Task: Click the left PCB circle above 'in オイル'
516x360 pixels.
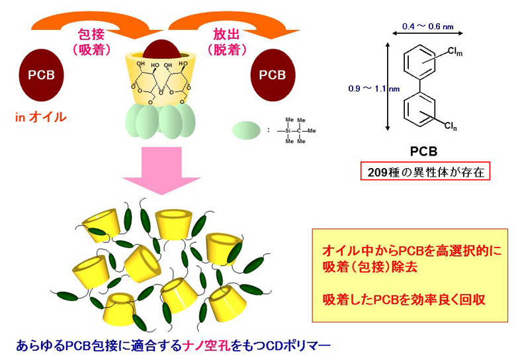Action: (41, 73)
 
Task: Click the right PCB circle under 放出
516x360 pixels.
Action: (272, 73)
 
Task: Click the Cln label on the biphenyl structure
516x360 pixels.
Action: (452, 125)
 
